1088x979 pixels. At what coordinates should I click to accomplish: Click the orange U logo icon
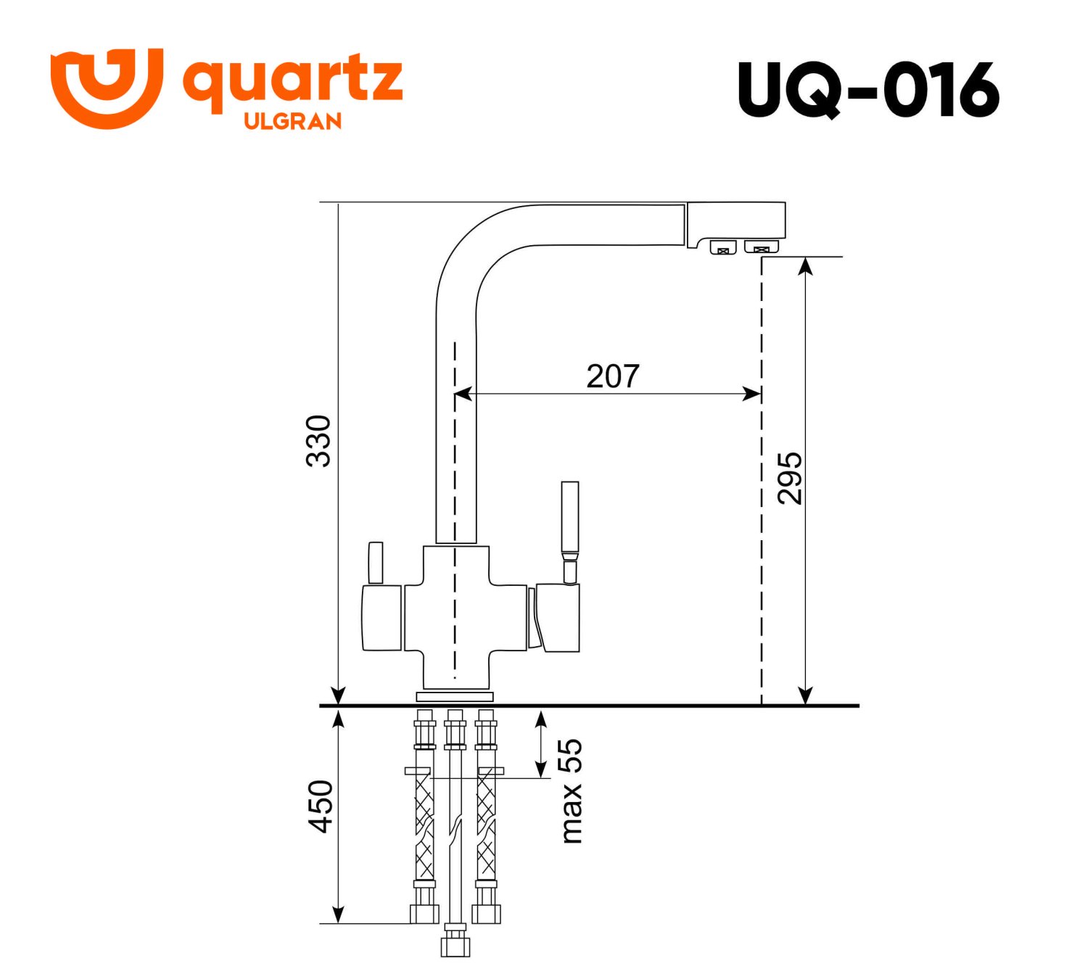(x=106, y=88)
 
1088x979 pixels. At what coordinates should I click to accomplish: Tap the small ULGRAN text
(x=292, y=121)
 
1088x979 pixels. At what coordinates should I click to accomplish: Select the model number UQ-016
(x=868, y=90)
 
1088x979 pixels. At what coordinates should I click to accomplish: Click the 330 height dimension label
(x=318, y=441)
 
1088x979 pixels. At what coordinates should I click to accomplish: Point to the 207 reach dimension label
(x=613, y=376)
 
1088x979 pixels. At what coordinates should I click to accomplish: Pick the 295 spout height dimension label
(x=789, y=478)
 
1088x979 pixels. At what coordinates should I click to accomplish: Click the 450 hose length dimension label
(x=320, y=806)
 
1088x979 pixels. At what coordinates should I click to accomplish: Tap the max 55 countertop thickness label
(x=572, y=790)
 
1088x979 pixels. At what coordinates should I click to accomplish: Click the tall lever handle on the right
(x=570, y=519)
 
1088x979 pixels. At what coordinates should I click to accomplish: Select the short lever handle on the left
(x=375, y=562)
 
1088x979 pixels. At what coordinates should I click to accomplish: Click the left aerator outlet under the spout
(x=722, y=247)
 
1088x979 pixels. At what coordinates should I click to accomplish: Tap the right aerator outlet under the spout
(x=761, y=247)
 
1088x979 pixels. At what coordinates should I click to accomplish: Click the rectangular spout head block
(x=735, y=220)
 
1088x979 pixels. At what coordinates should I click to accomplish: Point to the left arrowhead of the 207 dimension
(x=461, y=394)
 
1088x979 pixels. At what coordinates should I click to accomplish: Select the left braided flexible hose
(x=424, y=827)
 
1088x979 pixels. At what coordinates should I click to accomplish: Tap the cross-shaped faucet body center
(x=455, y=616)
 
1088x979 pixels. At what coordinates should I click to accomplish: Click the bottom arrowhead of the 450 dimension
(x=338, y=914)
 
